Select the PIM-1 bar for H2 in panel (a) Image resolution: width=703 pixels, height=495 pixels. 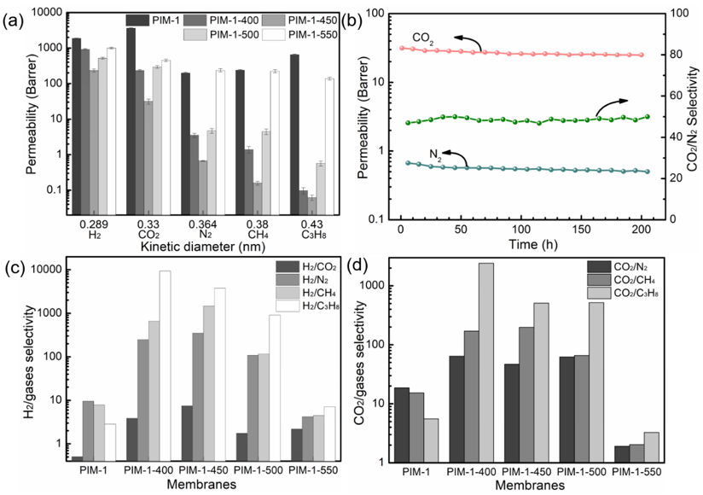click(76, 128)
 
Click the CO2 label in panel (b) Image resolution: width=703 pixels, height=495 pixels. click(421, 38)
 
